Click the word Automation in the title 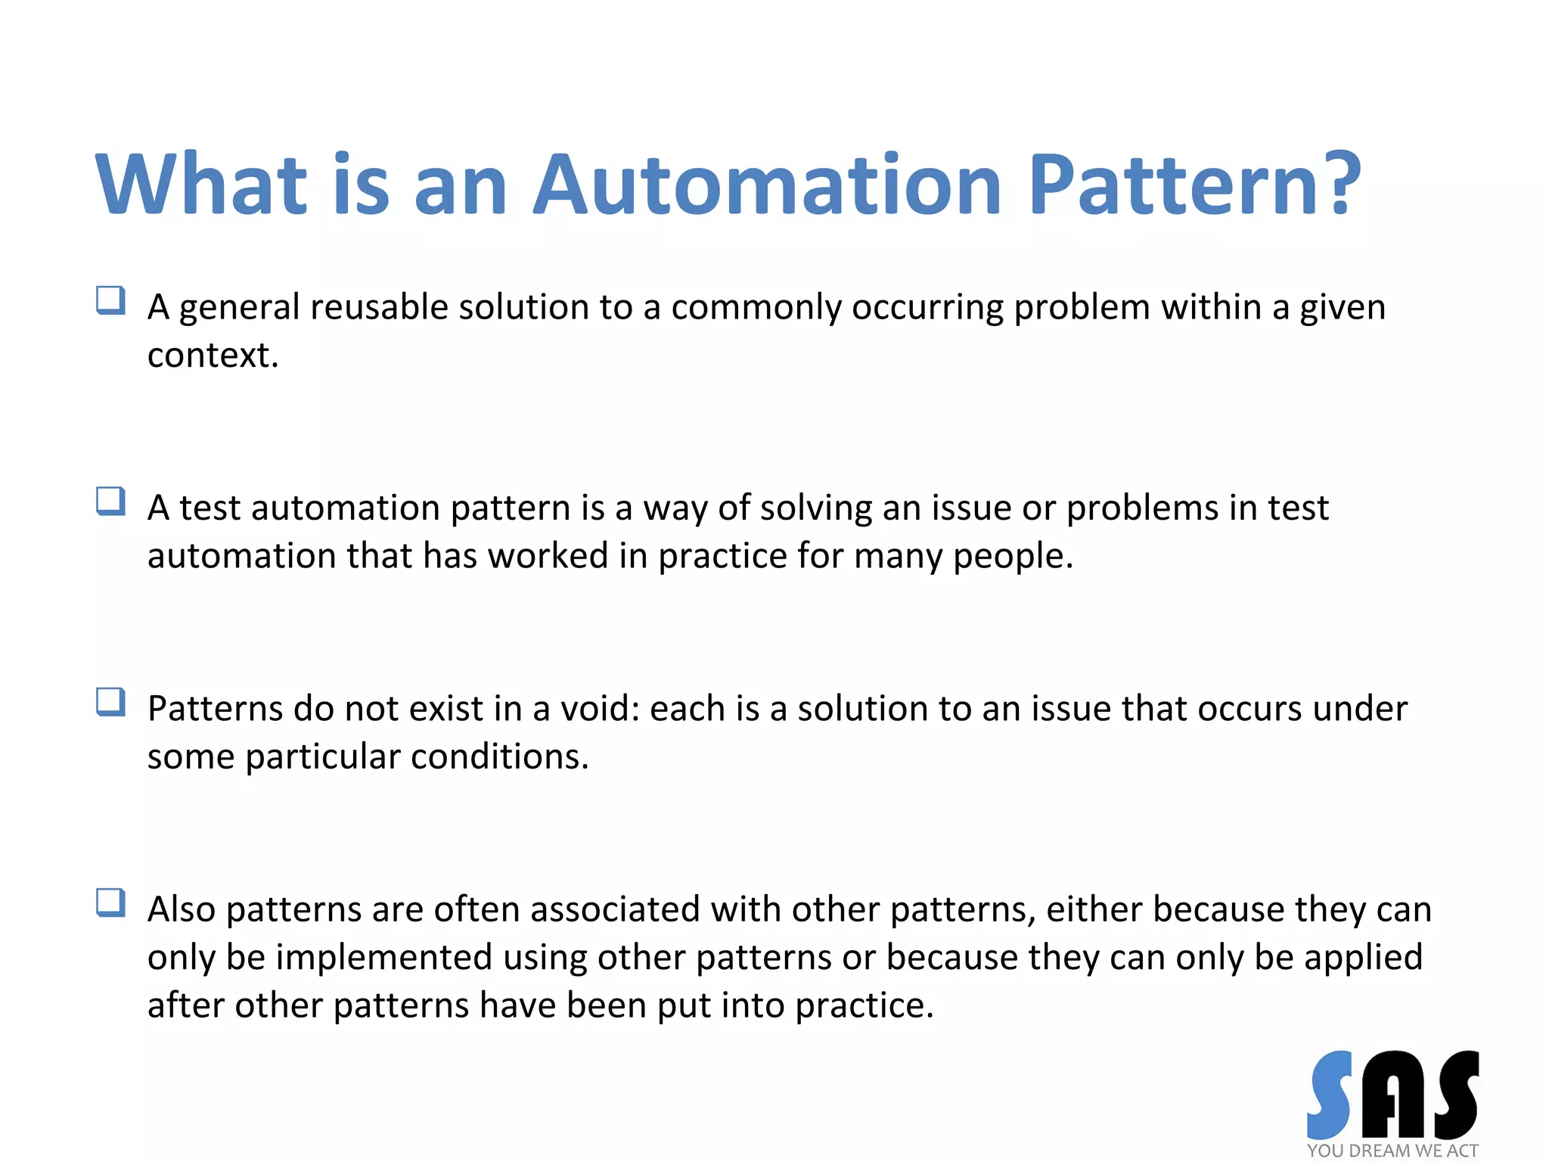click(x=767, y=185)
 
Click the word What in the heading click(x=200, y=185)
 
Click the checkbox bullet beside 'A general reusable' click(x=110, y=300)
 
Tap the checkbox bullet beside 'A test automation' click(x=110, y=501)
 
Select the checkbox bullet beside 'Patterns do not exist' click(x=110, y=702)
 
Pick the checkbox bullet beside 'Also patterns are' click(x=110, y=903)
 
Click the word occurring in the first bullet click(x=927, y=307)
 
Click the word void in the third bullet click(x=598, y=709)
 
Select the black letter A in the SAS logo click(x=1393, y=1095)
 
